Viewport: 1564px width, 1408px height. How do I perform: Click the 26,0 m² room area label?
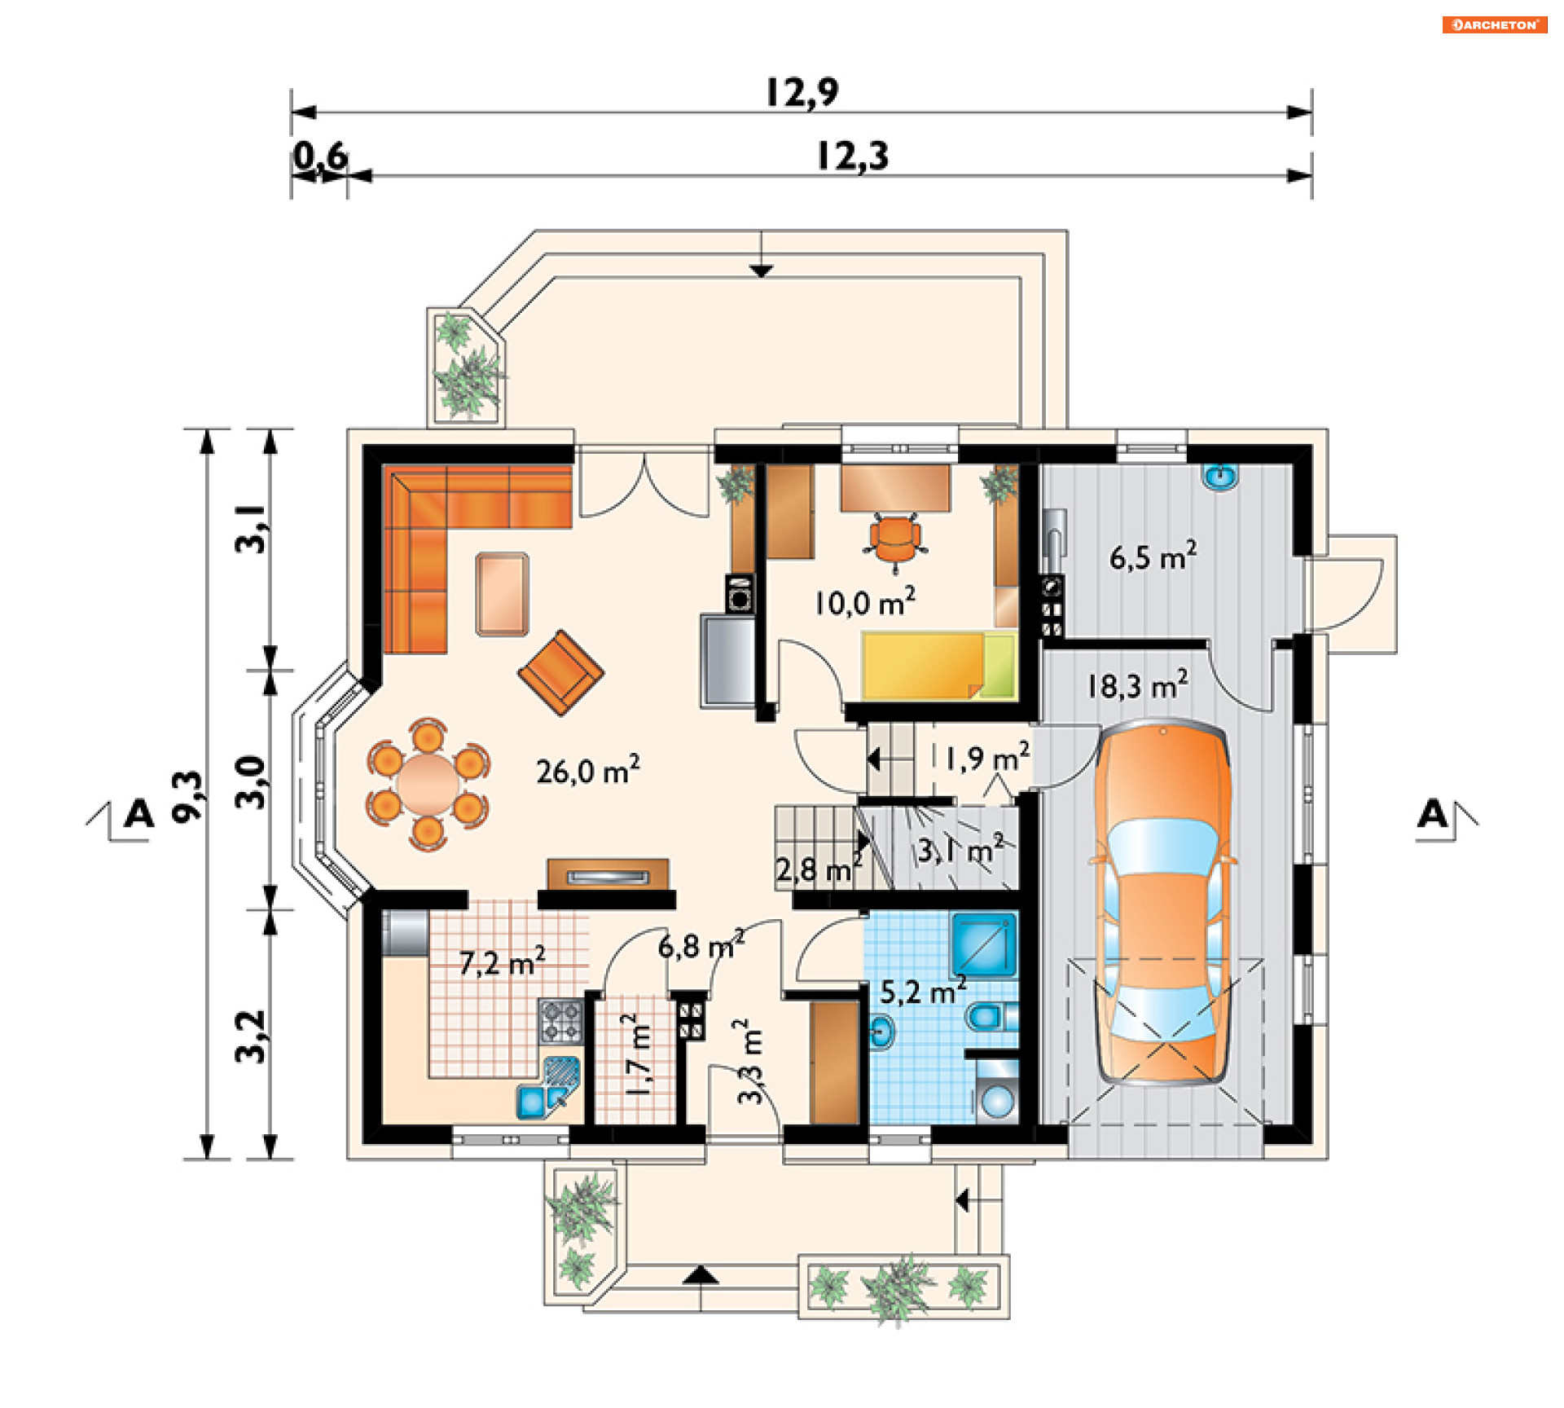click(587, 770)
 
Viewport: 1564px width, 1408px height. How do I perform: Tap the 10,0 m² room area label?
click(864, 601)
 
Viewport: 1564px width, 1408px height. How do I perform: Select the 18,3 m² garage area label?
click(1137, 685)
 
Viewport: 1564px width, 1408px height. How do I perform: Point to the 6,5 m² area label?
click(1153, 557)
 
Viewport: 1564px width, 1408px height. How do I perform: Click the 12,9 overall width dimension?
click(802, 92)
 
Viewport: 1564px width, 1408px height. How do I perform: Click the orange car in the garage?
click(1162, 902)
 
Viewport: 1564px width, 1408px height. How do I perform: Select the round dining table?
click(428, 784)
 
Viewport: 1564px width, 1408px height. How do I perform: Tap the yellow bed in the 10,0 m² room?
click(938, 666)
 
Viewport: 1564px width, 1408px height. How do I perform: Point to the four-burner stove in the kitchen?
click(561, 1022)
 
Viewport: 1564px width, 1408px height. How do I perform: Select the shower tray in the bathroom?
click(984, 944)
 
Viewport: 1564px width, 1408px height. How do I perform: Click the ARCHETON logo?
click(1495, 24)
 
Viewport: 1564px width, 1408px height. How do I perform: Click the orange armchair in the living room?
click(560, 672)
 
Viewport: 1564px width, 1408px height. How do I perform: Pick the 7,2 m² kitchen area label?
click(502, 962)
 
